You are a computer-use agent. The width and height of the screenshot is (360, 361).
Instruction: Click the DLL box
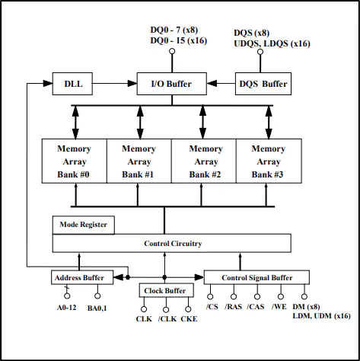72,84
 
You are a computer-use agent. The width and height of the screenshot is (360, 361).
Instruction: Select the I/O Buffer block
172,84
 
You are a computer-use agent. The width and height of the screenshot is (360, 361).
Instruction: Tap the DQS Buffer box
263,84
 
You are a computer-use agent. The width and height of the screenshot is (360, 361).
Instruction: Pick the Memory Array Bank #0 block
75,161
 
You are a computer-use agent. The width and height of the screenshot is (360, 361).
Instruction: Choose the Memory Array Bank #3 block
269,161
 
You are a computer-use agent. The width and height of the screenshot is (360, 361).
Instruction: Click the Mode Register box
84,225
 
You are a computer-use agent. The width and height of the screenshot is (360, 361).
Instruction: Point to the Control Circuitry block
171,243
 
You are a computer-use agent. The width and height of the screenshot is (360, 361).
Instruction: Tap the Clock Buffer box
167,290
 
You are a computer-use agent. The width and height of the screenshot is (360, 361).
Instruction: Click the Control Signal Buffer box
256,277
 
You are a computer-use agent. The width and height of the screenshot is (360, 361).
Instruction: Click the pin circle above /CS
210,296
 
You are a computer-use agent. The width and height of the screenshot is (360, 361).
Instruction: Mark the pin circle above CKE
188,309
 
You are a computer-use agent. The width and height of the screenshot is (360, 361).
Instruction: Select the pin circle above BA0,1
97,296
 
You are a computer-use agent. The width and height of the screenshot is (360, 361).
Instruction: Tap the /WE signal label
279,307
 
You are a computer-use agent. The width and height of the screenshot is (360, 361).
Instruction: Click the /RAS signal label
233,307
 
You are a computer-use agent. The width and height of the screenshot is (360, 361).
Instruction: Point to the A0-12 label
66,308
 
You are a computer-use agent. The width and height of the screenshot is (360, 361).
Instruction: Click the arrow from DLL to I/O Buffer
115,83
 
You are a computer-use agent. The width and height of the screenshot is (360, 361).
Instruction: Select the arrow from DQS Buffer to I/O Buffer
221,83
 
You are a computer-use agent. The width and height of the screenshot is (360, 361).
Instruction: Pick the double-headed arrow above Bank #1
140,123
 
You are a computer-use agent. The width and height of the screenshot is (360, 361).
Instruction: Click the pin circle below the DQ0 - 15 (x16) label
172,51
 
